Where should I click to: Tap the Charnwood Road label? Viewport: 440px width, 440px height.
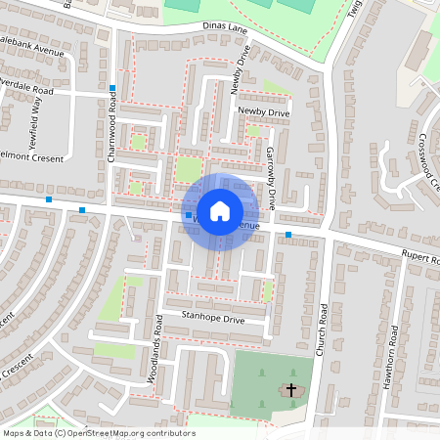tap(112, 137)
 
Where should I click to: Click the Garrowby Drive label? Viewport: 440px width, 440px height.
tap(272, 176)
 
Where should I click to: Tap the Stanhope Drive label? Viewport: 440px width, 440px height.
tap(213, 319)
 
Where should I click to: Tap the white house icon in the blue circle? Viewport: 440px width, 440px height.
tap(220, 211)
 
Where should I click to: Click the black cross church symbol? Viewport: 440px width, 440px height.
tap(290, 391)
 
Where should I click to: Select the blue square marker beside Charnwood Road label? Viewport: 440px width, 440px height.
tap(113, 89)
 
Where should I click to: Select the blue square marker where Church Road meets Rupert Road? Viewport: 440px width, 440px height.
tap(288, 235)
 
